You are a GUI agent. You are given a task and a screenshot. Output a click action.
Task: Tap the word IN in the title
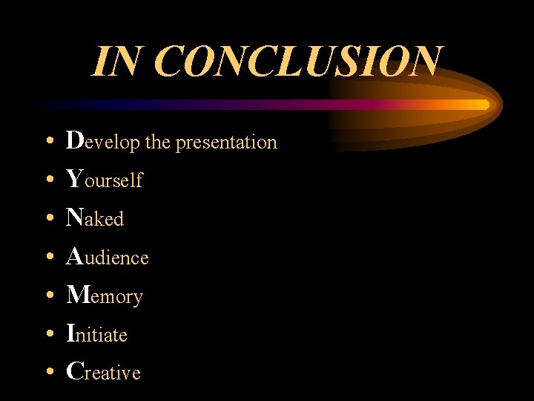[117, 62]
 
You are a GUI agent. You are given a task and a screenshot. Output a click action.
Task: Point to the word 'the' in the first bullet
[157, 142]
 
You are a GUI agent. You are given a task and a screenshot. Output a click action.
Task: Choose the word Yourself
[104, 180]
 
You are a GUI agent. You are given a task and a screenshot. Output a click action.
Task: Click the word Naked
[95, 218]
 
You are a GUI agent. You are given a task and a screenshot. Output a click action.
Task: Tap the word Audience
[108, 257]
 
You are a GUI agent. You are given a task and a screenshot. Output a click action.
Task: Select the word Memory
[105, 296]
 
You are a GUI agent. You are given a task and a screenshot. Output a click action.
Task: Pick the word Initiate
[97, 334]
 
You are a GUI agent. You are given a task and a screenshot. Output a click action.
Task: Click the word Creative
[103, 372]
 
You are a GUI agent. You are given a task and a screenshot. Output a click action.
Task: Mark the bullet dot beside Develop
[48, 141]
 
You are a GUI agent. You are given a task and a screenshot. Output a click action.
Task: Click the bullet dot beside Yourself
[48, 180]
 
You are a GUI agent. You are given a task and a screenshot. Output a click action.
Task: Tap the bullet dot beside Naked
[48, 218]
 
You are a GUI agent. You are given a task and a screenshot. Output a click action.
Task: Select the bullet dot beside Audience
[48, 257]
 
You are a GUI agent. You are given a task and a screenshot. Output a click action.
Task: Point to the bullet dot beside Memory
[48, 296]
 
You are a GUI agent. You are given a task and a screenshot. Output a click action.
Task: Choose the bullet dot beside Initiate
[48, 334]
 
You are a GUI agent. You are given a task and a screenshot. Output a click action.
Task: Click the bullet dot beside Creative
[48, 373]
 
